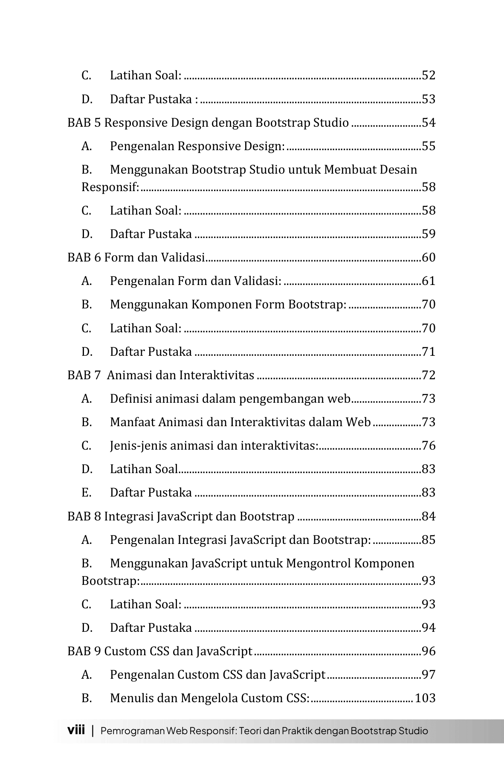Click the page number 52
click(x=429, y=76)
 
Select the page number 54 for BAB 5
click(x=429, y=123)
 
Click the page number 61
click(x=429, y=281)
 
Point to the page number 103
click(x=425, y=698)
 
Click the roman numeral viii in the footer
click(x=76, y=730)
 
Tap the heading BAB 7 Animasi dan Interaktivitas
click(x=161, y=375)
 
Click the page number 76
click(x=429, y=446)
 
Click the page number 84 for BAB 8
click(x=429, y=517)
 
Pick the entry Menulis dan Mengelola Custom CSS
click(x=209, y=698)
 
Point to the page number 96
click(x=429, y=651)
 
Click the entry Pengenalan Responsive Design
click(x=197, y=146)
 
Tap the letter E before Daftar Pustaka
click(x=86, y=493)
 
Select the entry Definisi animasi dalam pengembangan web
click(x=230, y=399)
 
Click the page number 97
click(x=429, y=675)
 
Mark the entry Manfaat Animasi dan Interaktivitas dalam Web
click(x=240, y=422)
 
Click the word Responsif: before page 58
click(x=110, y=187)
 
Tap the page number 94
click(x=429, y=628)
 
